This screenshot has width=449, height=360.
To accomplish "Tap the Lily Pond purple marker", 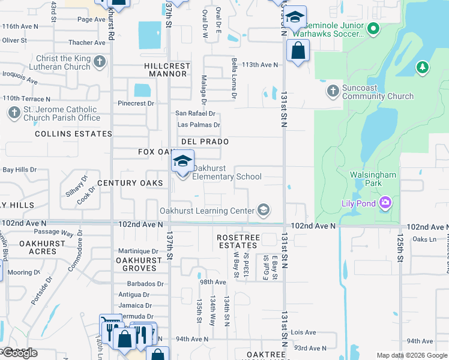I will tap(384, 203).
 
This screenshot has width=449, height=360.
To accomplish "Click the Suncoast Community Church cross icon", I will tap(333, 91).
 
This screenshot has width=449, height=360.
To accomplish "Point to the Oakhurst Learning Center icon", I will tap(262, 210).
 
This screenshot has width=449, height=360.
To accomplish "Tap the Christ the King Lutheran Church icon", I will tap(100, 62).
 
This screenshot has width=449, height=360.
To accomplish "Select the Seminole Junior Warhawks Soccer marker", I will tap(373, 28).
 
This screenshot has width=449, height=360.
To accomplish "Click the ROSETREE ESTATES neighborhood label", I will tap(238, 241).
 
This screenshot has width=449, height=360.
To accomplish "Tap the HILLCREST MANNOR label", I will tap(166, 69).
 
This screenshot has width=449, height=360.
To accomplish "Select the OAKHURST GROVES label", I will tap(139, 264).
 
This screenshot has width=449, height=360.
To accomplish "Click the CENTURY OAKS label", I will tap(130, 182).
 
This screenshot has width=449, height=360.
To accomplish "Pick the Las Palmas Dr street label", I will tap(198, 125).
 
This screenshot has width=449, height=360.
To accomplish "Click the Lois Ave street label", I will tap(303, 332).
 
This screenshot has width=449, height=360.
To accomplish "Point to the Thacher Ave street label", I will tap(86, 43).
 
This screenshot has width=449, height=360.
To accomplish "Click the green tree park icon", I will tap(423, 67).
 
